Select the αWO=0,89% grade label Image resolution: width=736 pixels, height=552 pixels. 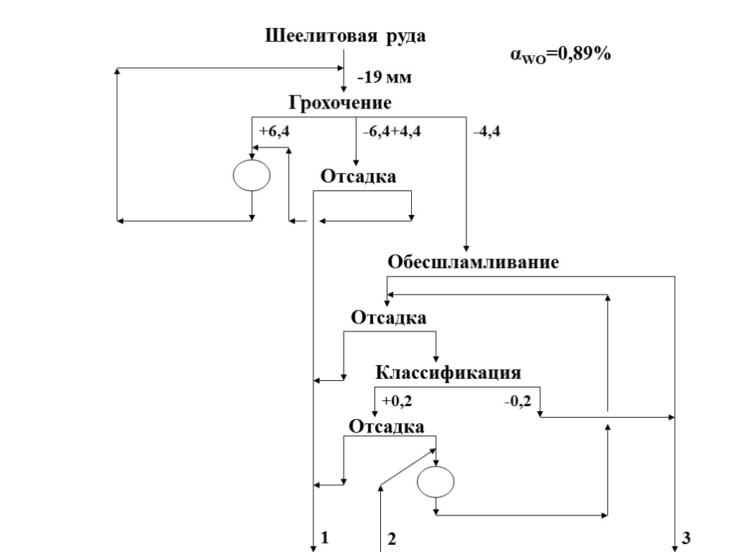560,54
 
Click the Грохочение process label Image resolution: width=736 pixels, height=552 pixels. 340,103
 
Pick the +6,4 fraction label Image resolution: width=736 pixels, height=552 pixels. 274,132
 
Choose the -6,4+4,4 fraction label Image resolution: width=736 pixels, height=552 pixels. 392,132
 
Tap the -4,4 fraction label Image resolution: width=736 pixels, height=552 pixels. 487,132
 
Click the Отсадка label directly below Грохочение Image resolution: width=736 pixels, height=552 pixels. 358,176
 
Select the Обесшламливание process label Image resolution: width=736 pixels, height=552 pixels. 473,262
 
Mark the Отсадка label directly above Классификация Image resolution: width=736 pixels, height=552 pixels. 388,317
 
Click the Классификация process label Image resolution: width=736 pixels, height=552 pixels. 448,373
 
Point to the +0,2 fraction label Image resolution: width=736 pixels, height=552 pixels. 397,400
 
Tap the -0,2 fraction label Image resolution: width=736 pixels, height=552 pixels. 517,400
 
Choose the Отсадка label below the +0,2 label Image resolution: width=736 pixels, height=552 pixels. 387,426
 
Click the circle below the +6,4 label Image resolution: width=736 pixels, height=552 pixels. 252,175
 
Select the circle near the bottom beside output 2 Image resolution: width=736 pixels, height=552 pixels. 436,481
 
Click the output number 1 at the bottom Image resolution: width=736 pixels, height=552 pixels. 325,537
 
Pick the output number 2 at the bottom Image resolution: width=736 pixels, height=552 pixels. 392,538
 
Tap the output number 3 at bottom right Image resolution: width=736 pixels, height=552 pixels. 686,537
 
